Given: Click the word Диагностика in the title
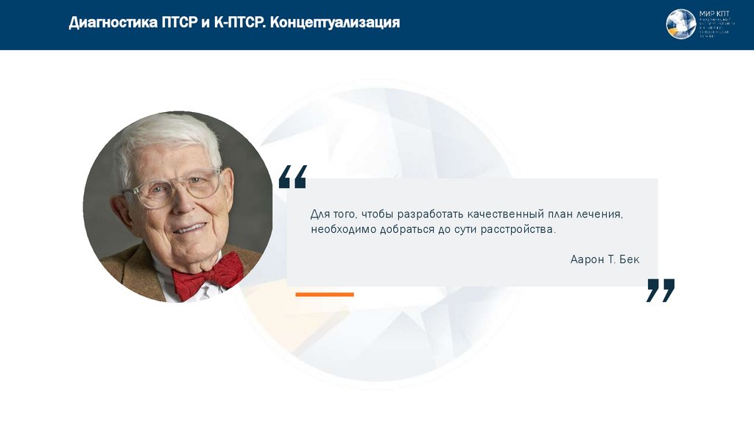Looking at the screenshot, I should pos(113,23).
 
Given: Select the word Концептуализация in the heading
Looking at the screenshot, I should pos(335,23).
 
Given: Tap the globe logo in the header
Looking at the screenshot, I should pos(680,24).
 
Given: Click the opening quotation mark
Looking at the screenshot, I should pos(292,177).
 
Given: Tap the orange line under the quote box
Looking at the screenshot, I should pos(324,294).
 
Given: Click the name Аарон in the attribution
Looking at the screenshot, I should pos(586,259).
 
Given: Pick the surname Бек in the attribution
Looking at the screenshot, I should pos(630,259).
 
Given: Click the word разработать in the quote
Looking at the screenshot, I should pos(430,214).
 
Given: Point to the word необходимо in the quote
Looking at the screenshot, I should pos(343,230).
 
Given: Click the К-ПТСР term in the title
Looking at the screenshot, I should pos(238,23).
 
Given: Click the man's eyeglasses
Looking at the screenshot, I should pos(177,188).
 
